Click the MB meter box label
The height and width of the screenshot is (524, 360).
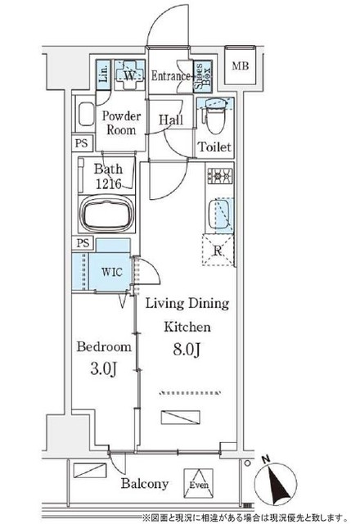pyautogui.click(x=241, y=65)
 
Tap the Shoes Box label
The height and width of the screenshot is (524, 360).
pyautogui.click(x=203, y=76)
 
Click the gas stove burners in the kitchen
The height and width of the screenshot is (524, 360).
pyautogui.click(x=220, y=175)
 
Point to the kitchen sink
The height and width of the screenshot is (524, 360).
pyautogui.click(x=220, y=215)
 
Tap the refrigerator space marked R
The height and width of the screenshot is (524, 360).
pyautogui.click(x=218, y=251)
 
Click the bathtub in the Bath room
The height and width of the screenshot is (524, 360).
pyautogui.click(x=107, y=215)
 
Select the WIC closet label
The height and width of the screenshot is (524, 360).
pyautogui.click(x=111, y=272)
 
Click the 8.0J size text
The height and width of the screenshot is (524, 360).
pyautogui.click(x=187, y=350)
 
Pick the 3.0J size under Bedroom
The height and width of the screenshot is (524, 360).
pyautogui.click(x=104, y=369)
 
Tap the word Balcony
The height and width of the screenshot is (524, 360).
pyautogui.click(x=145, y=483)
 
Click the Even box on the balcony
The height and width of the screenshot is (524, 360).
pyautogui.click(x=199, y=484)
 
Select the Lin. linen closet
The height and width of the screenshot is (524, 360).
pyautogui.click(x=103, y=75)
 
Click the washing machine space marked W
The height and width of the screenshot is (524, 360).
pyautogui.click(x=129, y=75)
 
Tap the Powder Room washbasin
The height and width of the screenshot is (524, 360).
pyautogui.click(x=86, y=114)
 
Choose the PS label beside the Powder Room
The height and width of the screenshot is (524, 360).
pyautogui.click(x=81, y=143)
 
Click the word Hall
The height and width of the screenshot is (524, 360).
pyautogui.click(x=171, y=120)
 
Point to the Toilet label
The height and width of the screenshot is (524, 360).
pyautogui.click(x=214, y=147)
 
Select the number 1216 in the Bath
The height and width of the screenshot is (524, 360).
pyautogui.click(x=109, y=183)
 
